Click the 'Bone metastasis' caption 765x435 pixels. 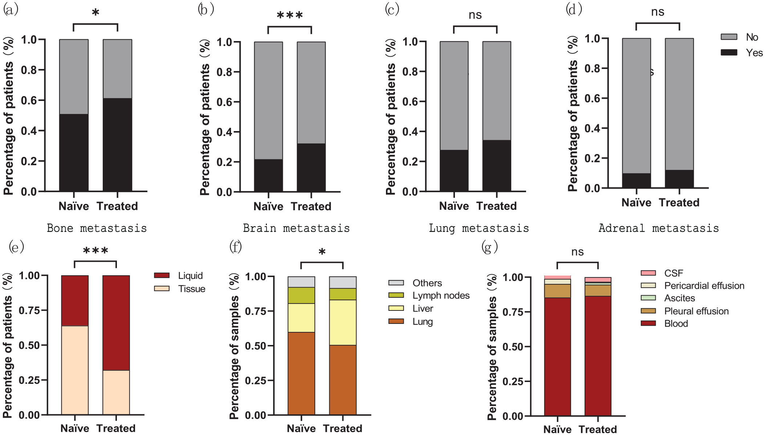click(97, 228)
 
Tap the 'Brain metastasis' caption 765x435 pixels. click(296, 228)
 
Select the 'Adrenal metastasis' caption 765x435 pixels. click(659, 228)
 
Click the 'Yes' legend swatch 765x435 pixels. click(729, 52)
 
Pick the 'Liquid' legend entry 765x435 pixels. click(180, 276)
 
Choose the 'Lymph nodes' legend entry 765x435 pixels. click(429, 296)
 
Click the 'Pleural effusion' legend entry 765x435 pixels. click(685, 311)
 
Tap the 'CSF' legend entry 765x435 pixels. click(662, 273)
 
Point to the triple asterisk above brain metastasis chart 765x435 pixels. click(290, 16)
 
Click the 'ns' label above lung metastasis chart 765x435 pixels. click(475, 15)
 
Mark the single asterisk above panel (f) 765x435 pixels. click(322, 252)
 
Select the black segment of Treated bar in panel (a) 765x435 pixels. click(117, 145)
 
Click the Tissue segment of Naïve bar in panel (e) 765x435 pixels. click(75, 370)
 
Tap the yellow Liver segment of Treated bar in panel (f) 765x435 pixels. click(343, 322)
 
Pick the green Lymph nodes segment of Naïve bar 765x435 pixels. click(301, 295)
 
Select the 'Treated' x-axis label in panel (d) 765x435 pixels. click(679, 202)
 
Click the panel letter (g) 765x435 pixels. click(489, 247)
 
